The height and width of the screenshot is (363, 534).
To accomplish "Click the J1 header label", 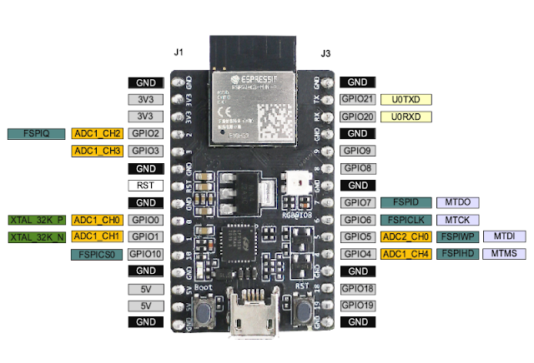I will click(178, 52).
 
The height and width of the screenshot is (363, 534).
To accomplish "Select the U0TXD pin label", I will click(406, 99).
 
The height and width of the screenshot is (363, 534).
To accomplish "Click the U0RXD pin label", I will click(406, 117).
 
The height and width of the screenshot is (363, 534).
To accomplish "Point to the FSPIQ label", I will click(38, 133).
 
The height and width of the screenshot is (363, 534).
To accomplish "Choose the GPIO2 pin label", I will click(145, 133).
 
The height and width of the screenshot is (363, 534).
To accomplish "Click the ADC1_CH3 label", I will click(98, 151).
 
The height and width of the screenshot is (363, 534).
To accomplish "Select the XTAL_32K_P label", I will click(37, 220).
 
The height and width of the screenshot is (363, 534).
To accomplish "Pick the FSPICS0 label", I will click(98, 254).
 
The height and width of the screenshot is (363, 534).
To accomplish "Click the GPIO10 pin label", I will click(145, 254).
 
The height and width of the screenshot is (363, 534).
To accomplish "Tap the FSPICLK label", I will click(406, 220).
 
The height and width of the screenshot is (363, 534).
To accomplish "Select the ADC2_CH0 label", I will click(405, 236).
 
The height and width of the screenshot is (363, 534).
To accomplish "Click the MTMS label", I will click(504, 253).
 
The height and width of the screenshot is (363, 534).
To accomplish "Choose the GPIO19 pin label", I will click(357, 305).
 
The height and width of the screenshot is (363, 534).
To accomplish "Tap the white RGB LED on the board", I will click(295, 183).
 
